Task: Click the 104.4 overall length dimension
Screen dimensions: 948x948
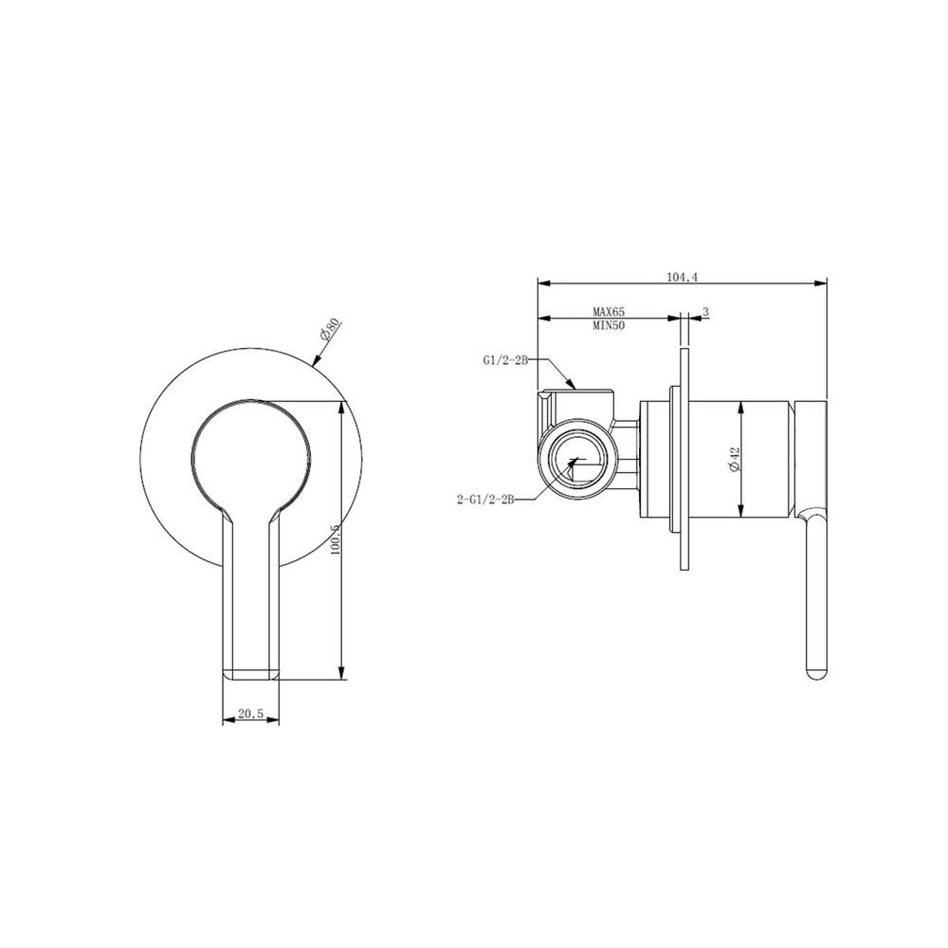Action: [x=682, y=278]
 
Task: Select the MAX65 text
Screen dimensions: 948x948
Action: [x=609, y=312]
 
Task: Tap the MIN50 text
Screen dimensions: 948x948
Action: [x=609, y=325]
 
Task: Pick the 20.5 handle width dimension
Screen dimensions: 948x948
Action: [x=250, y=714]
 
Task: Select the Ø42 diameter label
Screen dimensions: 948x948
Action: [x=735, y=460]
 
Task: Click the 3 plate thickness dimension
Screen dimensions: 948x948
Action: [x=705, y=311]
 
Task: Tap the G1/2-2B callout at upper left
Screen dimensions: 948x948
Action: [x=505, y=360]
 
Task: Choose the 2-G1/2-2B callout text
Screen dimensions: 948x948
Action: [x=485, y=500]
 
